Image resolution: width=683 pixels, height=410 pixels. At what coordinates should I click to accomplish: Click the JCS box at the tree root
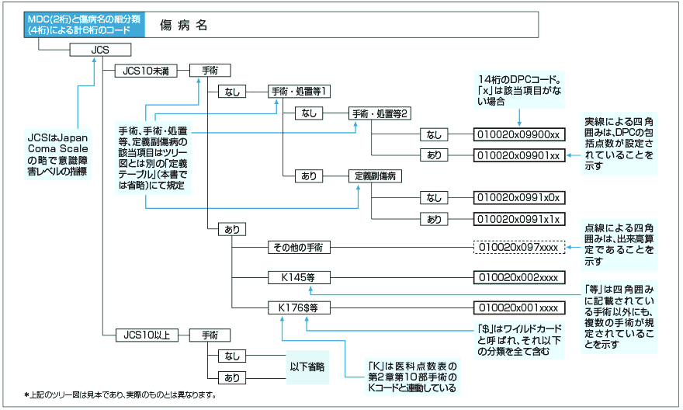tap(99, 50)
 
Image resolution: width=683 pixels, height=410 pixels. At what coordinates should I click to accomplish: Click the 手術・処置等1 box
tap(300, 92)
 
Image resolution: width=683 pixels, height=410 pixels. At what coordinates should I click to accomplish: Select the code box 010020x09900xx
tap(518, 134)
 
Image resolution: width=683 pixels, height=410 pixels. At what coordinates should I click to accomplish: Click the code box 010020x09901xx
tap(518, 155)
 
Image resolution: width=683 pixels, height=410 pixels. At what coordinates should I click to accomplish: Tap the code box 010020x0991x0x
tap(518, 198)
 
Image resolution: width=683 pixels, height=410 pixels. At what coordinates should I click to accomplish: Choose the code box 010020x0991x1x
tap(518, 219)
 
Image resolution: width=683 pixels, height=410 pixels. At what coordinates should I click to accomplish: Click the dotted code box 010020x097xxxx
tap(518, 248)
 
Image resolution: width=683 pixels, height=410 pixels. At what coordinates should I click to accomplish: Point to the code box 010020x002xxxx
tap(518, 277)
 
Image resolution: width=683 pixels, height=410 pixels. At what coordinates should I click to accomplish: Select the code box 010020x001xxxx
tap(518, 307)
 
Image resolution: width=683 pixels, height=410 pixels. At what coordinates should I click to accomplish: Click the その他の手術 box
tap(300, 248)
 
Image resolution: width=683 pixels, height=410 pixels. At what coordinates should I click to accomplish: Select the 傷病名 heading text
tap(184, 25)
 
